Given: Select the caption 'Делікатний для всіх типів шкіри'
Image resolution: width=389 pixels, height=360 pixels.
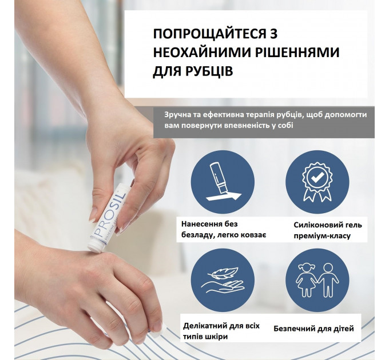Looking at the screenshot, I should click(221, 331).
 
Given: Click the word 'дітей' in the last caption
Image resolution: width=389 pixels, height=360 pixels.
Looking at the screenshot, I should click(342, 329).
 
